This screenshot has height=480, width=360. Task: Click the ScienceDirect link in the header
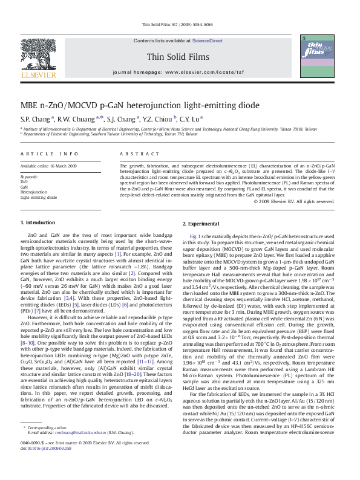(x=207, y=41)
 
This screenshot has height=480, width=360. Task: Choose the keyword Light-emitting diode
(x=39, y=198)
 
